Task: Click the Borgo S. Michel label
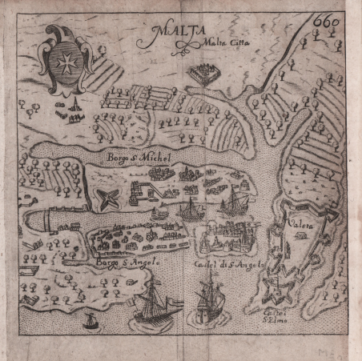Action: pyautogui.click(x=139, y=160)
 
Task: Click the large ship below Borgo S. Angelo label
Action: pyautogui.click(x=151, y=305)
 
